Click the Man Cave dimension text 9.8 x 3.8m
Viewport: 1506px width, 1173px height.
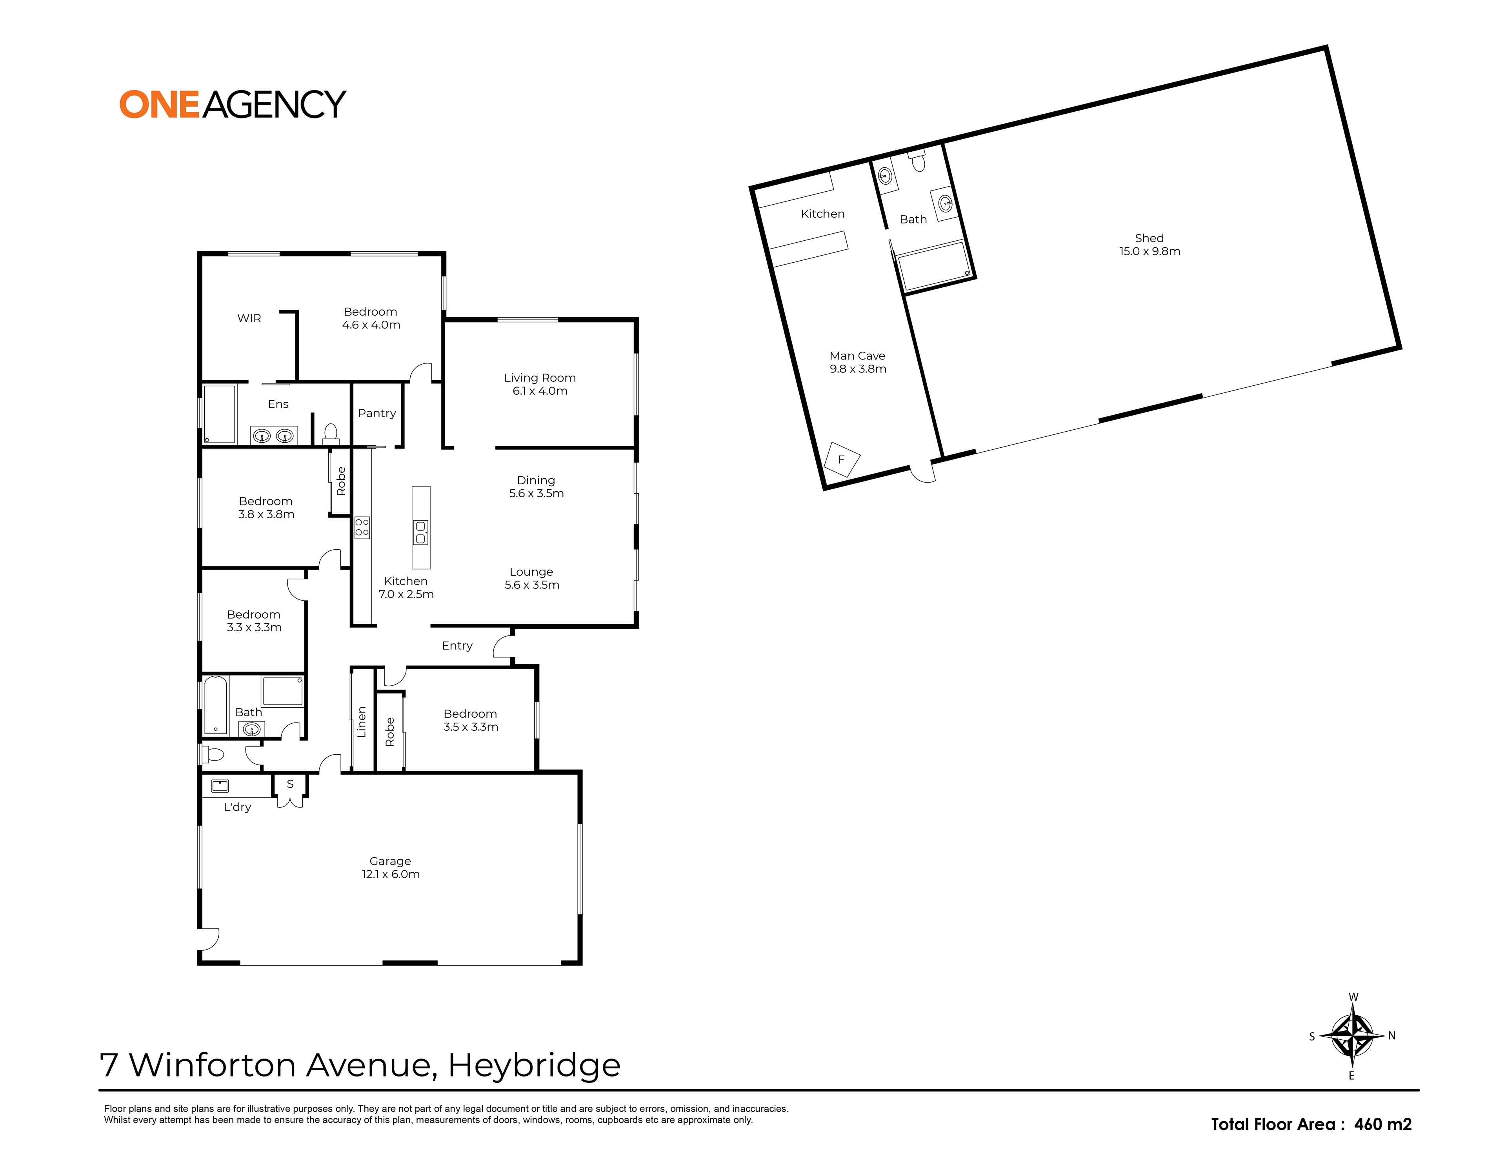pyautogui.click(x=858, y=369)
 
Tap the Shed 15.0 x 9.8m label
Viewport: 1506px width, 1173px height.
pyautogui.click(x=1150, y=245)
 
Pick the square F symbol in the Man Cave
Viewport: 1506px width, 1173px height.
pyautogui.click(x=842, y=459)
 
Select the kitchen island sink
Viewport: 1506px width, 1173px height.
pyautogui.click(x=421, y=532)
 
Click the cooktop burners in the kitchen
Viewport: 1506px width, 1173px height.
pyautogui.click(x=362, y=528)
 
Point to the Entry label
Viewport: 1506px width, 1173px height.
pyautogui.click(x=457, y=646)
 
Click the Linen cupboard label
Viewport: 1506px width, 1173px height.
pyautogui.click(x=361, y=722)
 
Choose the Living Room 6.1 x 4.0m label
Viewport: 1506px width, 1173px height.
pyautogui.click(x=540, y=384)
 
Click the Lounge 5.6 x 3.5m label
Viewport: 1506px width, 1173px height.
pyautogui.click(x=532, y=578)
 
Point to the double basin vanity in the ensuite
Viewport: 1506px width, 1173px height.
pyautogui.click(x=273, y=436)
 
